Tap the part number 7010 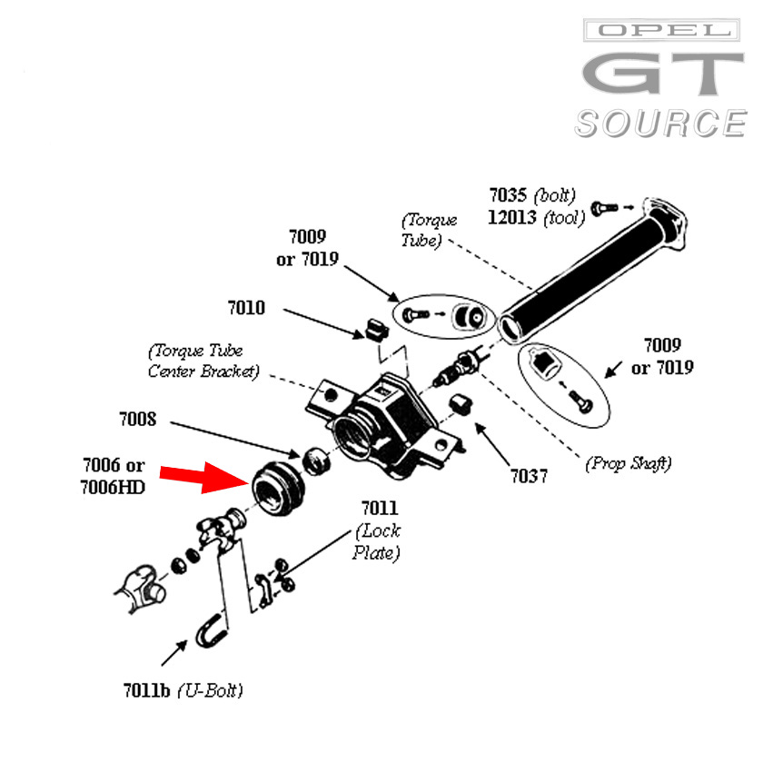tap(246, 308)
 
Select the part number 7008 tap(137, 420)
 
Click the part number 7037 tap(529, 475)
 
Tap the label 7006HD tap(113, 487)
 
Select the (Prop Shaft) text tap(628, 463)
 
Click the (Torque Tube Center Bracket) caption tap(203, 361)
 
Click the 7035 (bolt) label tap(532, 195)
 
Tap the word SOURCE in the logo tap(659, 124)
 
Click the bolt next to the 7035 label tap(604, 208)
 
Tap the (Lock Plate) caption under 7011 tap(377, 541)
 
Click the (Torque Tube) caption tap(430, 230)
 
